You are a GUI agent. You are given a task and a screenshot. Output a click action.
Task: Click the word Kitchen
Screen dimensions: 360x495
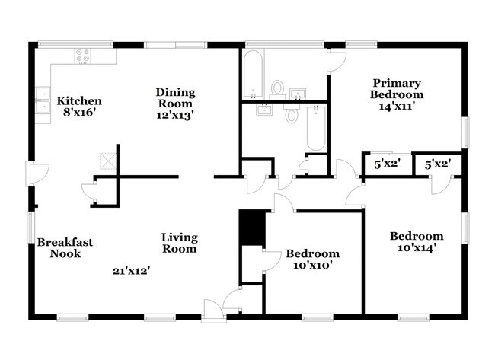(x=79, y=100)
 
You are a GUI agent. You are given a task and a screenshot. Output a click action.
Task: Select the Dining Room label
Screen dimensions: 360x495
(x=176, y=98)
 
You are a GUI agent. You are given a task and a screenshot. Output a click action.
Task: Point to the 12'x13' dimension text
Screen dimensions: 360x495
(x=176, y=116)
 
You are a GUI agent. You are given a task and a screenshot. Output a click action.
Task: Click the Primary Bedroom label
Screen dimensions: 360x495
(x=397, y=88)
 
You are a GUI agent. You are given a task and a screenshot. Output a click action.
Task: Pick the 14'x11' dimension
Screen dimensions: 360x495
(x=397, y=107)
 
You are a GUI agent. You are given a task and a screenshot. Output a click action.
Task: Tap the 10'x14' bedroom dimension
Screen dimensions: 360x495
(x=416, y=248)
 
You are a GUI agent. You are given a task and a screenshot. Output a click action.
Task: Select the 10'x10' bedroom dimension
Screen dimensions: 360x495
(x=312, y=266)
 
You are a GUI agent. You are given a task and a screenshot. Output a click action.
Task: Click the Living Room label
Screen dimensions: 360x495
(x=179, y=243)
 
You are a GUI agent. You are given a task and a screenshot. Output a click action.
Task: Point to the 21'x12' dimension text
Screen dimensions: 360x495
(x=131, y=270)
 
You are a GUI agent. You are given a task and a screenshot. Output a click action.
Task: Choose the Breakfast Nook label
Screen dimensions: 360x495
(x=65, y=248)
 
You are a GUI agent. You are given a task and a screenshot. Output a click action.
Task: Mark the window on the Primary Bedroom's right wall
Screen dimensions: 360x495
(x=465, y=129)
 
